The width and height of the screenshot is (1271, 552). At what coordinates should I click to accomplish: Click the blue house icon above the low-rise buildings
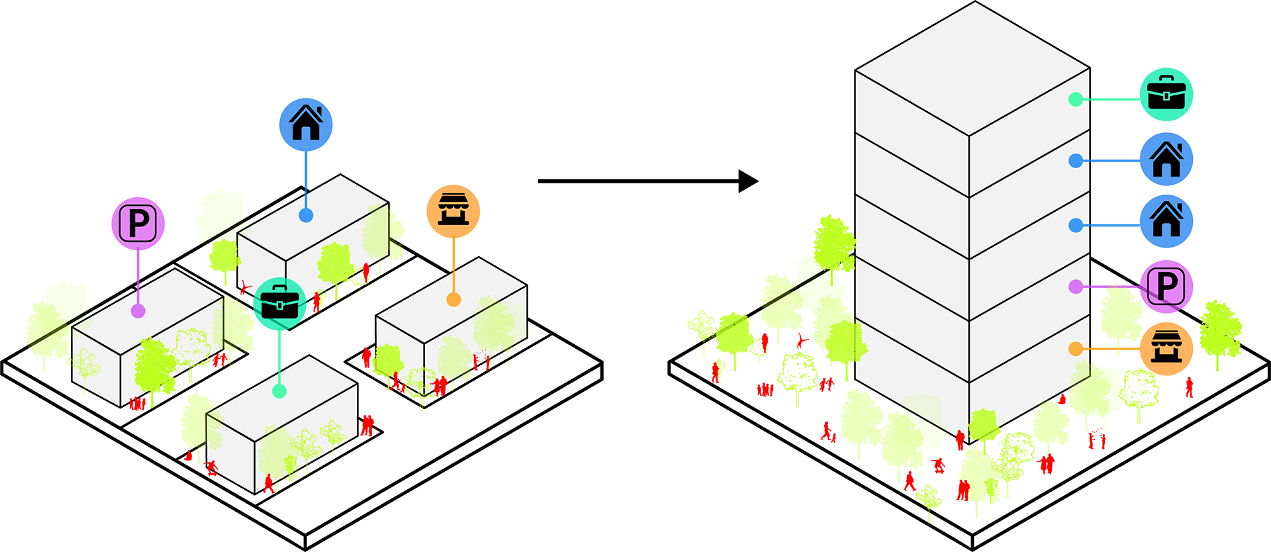pos(306,124)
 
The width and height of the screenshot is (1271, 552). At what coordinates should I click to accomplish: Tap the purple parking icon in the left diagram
pos(138,223)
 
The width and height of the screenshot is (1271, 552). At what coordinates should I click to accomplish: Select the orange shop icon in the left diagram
pos(453,211)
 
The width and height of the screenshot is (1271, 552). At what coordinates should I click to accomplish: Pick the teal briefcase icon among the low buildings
pos(279,304)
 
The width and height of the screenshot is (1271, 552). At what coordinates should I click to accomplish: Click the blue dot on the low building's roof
pos(306,215)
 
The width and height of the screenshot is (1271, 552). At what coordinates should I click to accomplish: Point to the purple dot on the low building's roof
pos(138,310)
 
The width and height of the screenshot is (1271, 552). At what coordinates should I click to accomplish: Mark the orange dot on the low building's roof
pos(453,300)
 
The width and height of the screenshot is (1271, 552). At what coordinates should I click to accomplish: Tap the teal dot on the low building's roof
pos(279,391)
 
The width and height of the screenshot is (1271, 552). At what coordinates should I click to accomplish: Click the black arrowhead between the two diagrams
pos(748,181)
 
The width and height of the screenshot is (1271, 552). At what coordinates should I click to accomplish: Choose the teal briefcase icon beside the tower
pos(1166,95)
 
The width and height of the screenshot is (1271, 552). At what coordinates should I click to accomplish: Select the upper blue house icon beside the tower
pos(1166,160)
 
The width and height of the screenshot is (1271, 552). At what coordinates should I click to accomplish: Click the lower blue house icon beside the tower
pos(1166,221)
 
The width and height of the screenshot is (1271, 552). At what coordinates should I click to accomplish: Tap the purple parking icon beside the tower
pos(1166,287)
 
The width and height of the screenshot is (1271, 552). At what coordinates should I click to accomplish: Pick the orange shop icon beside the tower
pos(1166,349)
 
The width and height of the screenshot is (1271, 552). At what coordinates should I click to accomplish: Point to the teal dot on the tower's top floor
pos(1076,99)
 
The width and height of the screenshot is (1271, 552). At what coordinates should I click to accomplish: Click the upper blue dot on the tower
pos(1076,160)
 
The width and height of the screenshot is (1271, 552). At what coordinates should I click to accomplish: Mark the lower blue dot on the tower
pos(1076,226)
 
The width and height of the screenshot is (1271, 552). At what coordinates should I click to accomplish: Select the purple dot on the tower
pos(1076,287)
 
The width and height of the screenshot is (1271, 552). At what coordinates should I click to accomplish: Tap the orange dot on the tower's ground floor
pos(1076,349)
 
